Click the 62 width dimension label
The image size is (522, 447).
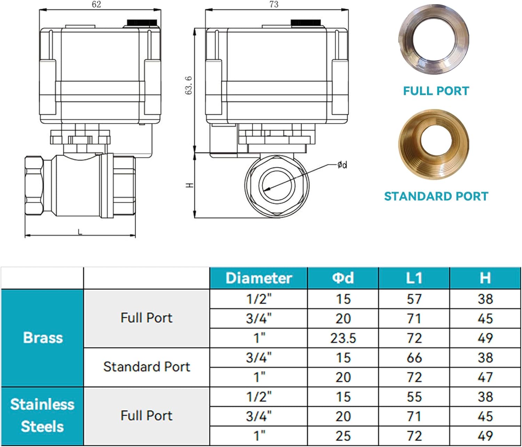pyautogui.click(x=96, y=4)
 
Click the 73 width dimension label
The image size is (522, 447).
pyautogui.click(x=274, y=4)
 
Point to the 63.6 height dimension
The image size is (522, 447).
pyautogui.click(x=189, y=85)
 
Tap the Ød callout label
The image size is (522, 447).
pyautogui.click(x=342, y=165)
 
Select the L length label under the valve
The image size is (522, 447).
pyautogui.click(x=80, y=232)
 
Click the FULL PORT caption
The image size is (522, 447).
pyautogui.click(x=436, y=91)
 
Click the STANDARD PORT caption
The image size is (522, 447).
pyautogui.click(x=436, y=196)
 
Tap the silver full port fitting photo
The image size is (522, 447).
pyautogui.click(x=434, y=39)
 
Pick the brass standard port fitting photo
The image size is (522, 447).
pyautogui.click(x=434, y=144)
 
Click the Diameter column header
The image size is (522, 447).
pyautogui.click(x=259, y=278)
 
